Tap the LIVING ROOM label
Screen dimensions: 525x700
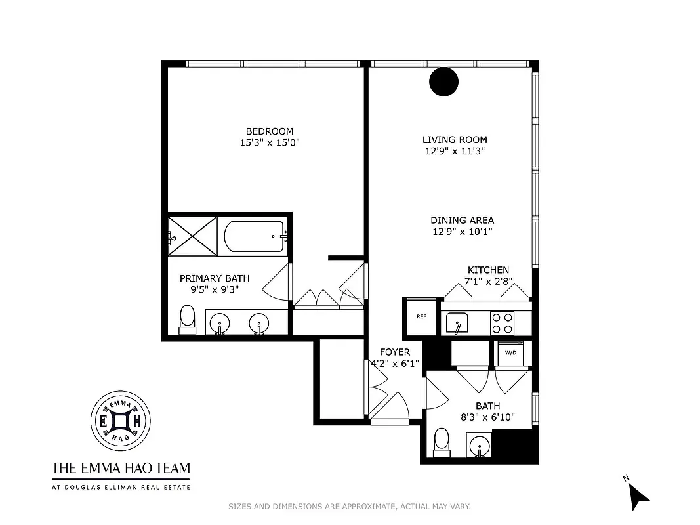tap(455, 140)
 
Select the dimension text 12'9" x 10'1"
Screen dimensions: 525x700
tap(462, 231)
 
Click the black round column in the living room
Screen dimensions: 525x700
tap(443, 81)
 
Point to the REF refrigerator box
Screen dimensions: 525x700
tap(421, 316)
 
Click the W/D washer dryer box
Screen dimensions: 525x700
tap(510, 352)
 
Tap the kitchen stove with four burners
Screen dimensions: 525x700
tap(503, 323)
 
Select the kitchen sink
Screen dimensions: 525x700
tap(457, 323)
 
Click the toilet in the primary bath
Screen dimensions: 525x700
tap(188, 320)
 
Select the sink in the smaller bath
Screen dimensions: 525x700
tap(479, 446)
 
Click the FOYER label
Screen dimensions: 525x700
tap(394, 352)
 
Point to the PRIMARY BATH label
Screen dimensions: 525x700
tap(215, 278)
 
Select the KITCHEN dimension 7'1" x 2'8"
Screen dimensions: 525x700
tap(488, 281)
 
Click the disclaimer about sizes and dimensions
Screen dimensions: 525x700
tap(349, 507)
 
